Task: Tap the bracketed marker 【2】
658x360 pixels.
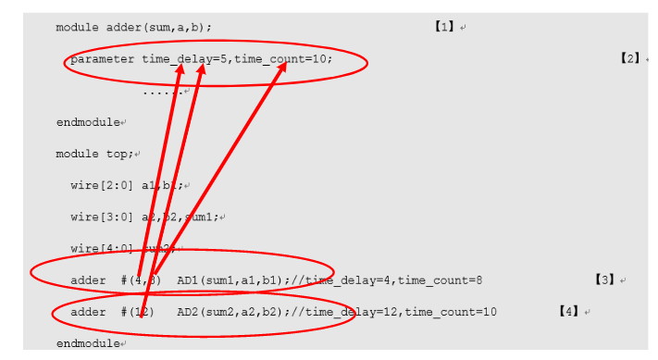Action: click(x=629, y=58)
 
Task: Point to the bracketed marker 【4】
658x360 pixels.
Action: click(x=568, y=312)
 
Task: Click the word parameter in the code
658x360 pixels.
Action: click(x=102, y=59)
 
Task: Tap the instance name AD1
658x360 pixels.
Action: click(x=188, y=279)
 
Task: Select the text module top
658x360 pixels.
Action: click(x=94, y=154)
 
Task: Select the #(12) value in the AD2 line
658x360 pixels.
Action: click(x=135, y=312)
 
